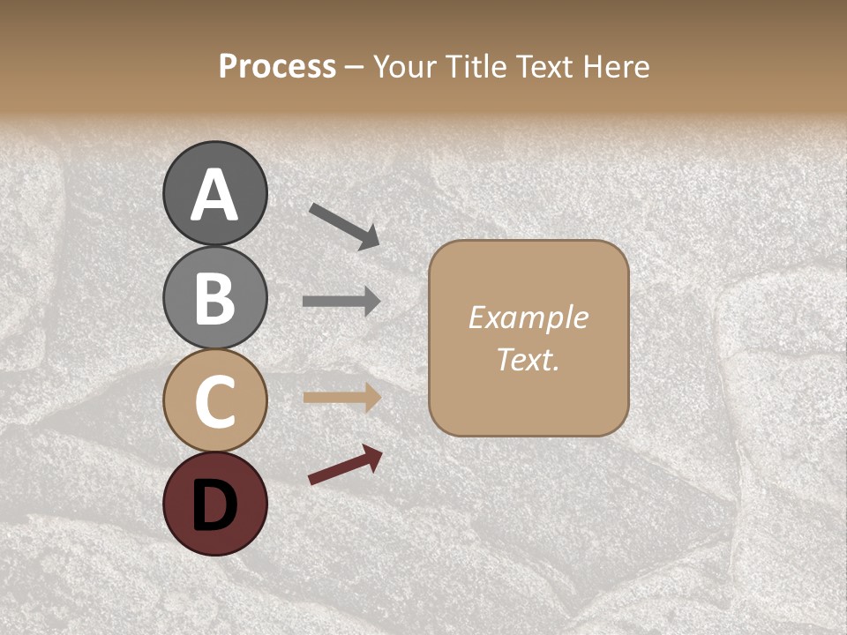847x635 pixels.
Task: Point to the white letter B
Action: click(x=214, y=298)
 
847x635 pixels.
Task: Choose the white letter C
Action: click(x=214, y=400)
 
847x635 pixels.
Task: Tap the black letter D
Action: click(x=214, y=504)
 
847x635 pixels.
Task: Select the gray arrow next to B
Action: click(x=341, y=301)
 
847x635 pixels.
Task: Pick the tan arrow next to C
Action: click(x=341, y=398)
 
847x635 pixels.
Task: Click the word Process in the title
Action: click(x=277, y=67)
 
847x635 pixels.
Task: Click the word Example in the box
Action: click(x=528, y=317)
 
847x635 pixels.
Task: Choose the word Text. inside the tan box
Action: click(x=528, y=360)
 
